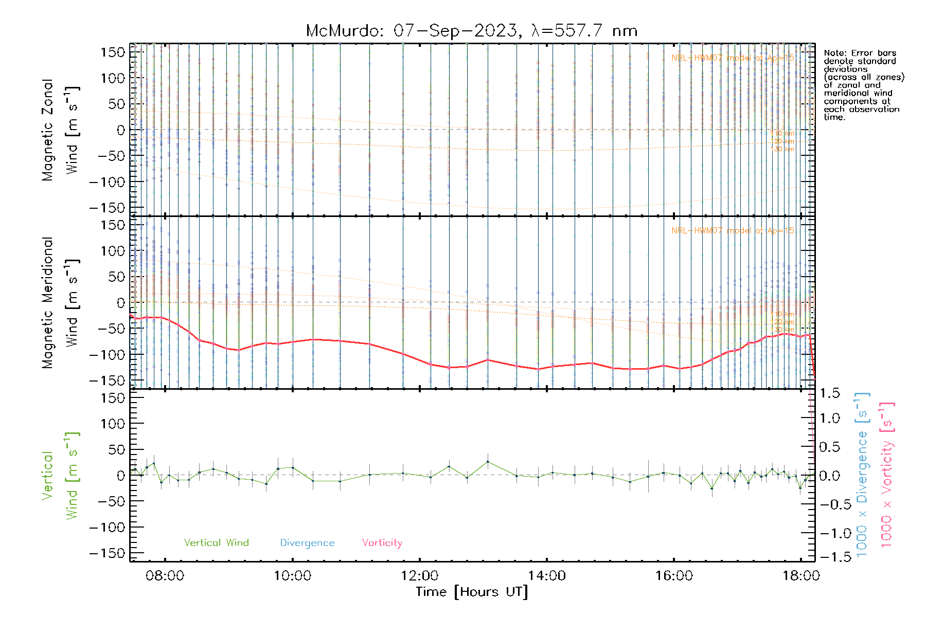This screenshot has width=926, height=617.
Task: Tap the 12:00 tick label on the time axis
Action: pos(419,576)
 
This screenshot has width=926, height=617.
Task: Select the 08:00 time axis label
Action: pos(165,576)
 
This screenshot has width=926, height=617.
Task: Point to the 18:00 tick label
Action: pos(800,576)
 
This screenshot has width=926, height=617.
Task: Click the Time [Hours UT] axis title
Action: pos(472,592)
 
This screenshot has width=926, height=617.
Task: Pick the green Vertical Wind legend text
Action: pos(216,543)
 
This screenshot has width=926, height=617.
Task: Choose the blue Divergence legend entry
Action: pos(307,543)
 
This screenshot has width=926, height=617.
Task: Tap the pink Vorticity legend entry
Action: pos(382,543)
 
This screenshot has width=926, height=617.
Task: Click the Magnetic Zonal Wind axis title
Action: pos(60,130)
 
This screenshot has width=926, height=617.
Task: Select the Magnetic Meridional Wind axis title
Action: pos(60,302)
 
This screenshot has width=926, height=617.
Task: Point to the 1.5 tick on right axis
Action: pos(829,393)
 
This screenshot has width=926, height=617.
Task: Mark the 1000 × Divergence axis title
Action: pos(862,475)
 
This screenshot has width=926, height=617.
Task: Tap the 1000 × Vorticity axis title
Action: pos(886,475)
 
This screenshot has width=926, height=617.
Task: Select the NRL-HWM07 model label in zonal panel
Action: pos(733,58)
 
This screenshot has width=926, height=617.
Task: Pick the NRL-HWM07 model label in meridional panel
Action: pos(733,230)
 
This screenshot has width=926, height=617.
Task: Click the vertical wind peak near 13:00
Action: pos(488,462)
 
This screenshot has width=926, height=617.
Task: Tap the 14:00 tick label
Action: pos(547,576)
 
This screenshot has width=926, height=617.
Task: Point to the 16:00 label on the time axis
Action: pos(674,576)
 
